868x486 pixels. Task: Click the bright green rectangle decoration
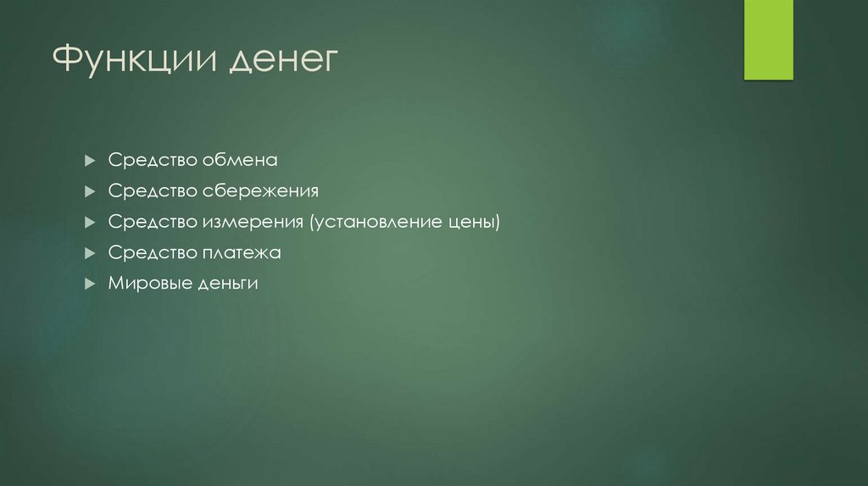pos(768,40)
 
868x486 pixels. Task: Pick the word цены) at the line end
pos(473,222)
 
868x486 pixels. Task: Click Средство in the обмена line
pos(151,160)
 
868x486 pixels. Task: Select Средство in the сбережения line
pos(151,191)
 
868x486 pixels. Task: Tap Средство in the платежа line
pos(151,252)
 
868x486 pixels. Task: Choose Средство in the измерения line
pos(151,222)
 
